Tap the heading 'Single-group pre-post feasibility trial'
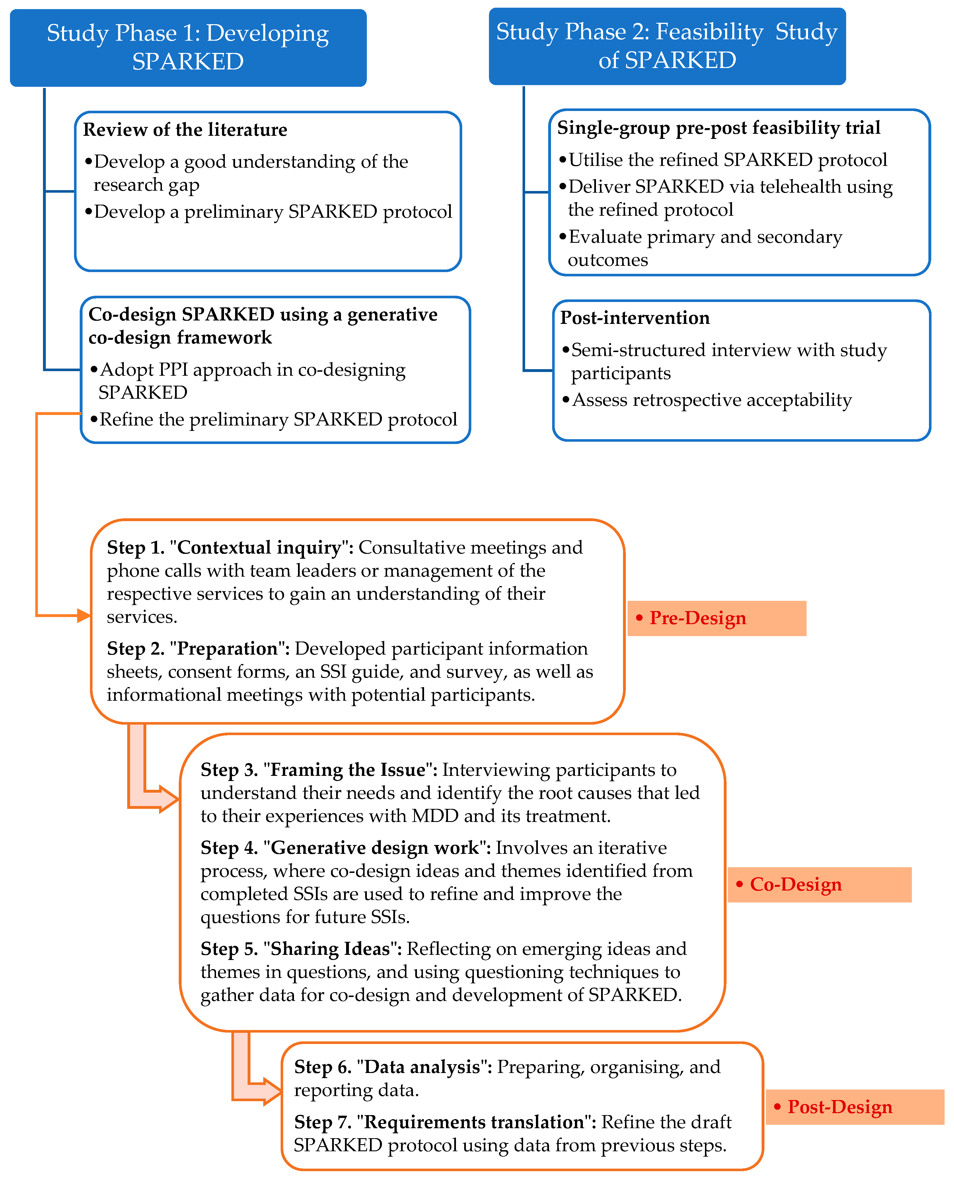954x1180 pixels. tap(718, 128)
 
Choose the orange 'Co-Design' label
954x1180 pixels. tap(819, 884)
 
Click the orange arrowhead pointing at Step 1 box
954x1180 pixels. tap(83, 616)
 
